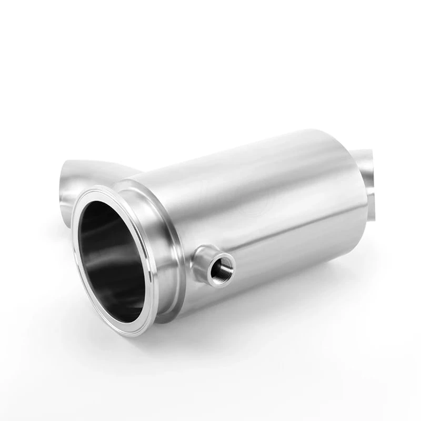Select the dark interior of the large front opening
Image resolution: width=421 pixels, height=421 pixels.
(108, 247)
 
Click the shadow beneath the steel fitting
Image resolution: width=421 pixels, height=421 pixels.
(263, 337)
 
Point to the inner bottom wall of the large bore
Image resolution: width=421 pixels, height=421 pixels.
(124, 295)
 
